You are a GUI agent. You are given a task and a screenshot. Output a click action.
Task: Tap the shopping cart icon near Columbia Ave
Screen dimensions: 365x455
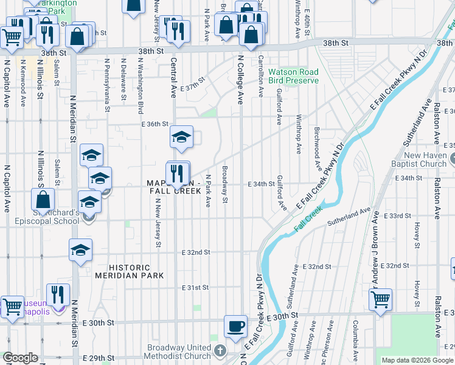(380, 299)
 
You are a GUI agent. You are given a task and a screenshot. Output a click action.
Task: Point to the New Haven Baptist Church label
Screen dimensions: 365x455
(425, 159)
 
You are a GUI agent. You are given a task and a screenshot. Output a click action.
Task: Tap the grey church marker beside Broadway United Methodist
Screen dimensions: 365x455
(220, 352)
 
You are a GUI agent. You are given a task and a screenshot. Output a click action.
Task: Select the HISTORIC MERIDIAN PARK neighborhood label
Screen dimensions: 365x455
(137, 271)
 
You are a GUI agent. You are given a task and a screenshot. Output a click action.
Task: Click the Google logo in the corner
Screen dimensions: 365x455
(20, 358)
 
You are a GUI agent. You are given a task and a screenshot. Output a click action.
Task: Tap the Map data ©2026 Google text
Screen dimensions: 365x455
(417, 360)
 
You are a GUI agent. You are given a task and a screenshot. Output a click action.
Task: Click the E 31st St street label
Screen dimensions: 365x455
(196, 287)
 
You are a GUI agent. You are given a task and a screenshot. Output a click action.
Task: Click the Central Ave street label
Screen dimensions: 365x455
(173, 78)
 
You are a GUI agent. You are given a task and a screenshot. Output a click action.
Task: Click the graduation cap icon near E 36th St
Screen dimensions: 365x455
(181, 138)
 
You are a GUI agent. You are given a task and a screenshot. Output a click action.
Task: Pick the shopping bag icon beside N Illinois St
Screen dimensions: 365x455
(43, 200)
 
